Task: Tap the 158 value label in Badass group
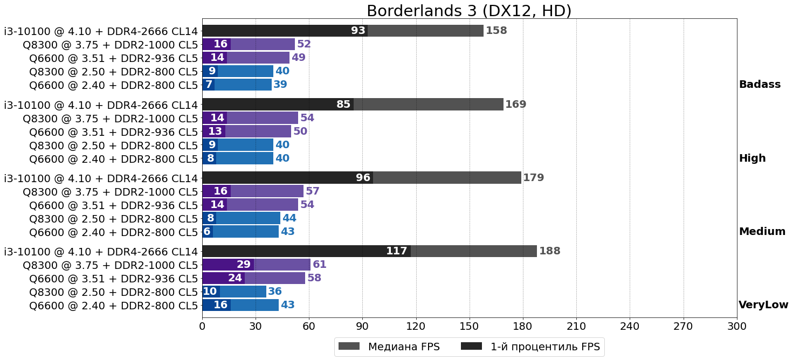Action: [496, 31]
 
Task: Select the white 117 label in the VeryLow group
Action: [396, 251]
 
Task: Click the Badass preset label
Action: [760, 85]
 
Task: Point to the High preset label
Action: [752, 158]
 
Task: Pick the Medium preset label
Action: [762, 232]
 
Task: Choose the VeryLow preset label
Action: [763, 305]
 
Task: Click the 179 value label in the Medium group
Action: [534, 178]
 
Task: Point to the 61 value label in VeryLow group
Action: [320, 265]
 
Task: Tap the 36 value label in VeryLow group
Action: [275, 292]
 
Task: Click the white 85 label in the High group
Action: [343, 105]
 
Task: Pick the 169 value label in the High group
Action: [515, 105]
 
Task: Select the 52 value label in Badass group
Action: [304, 44]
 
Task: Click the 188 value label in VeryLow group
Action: [550, 251]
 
